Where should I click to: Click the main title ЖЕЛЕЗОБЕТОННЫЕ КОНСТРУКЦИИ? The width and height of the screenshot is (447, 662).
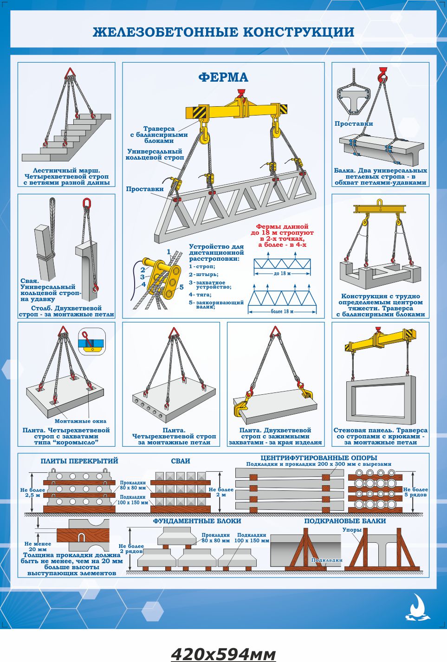coord(224,32)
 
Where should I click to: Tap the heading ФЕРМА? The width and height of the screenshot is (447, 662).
coord(223,77)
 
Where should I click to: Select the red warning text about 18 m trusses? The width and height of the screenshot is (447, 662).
coord(282,236)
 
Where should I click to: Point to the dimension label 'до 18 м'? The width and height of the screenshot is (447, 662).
coord(282,274)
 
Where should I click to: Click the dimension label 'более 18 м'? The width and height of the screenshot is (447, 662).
coord(282,311)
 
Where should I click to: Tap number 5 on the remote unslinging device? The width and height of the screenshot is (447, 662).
coord(181,287)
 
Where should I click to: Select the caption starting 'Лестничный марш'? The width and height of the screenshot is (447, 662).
coord(66,177)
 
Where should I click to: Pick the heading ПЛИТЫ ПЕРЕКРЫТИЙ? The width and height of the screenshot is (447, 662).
coord(79,461)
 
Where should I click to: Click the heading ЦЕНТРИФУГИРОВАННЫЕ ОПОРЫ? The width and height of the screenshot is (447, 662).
coord(319,458)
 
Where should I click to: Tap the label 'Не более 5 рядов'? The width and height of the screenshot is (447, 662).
coord(415,492)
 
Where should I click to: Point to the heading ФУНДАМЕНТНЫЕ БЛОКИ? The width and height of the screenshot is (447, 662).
coord(197,521)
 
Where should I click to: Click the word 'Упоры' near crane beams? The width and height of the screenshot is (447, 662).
coord(352,530)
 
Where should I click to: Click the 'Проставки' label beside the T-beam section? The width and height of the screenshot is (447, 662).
coord(354,123)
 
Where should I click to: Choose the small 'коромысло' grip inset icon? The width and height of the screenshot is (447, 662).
coord(91,341)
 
